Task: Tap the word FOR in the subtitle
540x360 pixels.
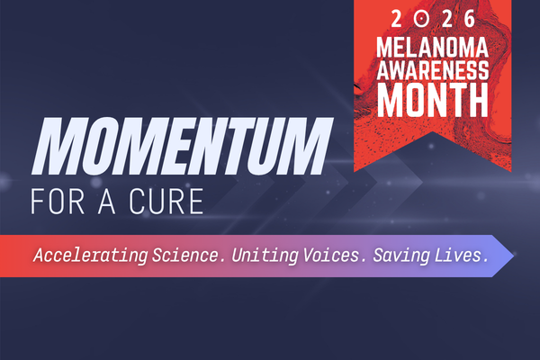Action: click(x=59, y=200)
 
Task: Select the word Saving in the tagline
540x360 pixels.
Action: click(x=400, y=256)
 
